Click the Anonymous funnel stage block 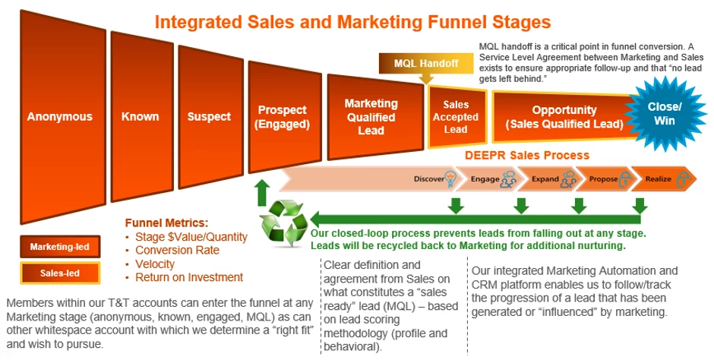59,117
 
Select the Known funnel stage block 141,117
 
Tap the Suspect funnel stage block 209,117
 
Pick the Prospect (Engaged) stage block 283,117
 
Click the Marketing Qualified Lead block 371,116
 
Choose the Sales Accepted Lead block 456,117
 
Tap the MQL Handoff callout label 426,63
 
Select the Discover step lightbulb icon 452,179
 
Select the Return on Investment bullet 188,277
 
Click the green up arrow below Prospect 261,193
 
